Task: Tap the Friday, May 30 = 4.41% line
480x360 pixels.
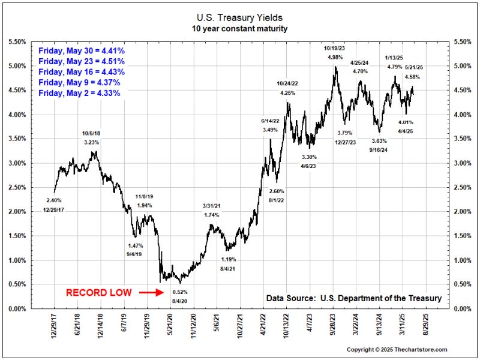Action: pos(81,50)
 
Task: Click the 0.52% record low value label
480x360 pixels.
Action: pos(180,292)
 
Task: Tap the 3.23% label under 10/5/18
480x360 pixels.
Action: pos(91,142)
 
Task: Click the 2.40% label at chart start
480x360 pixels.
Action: pos(53,200)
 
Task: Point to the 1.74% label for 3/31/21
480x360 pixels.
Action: pos(211,215)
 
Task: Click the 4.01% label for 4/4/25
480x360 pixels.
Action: pos(406,122)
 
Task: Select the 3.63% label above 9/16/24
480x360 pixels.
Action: pos(380,140)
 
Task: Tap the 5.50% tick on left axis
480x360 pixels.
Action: pos(16,41)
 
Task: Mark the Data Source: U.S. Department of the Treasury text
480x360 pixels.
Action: pos(354,298)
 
